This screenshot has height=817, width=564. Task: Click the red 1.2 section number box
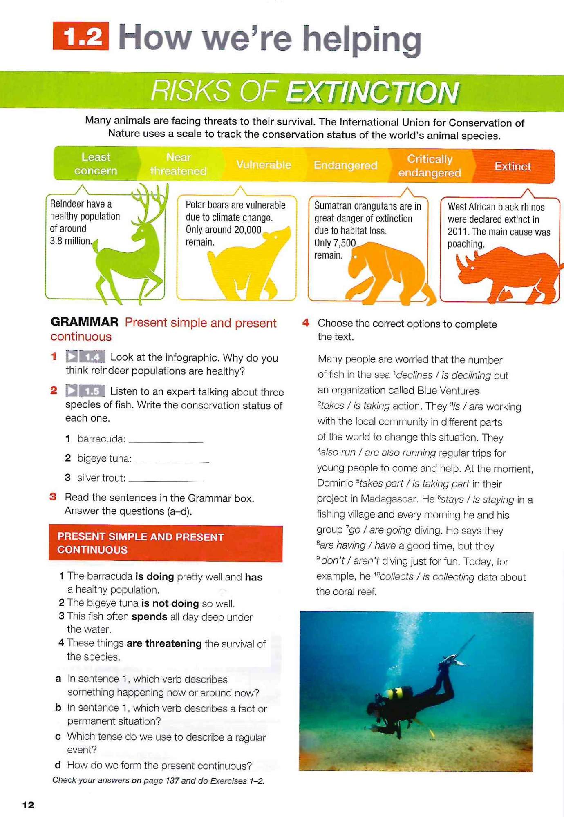(x=81, y=36)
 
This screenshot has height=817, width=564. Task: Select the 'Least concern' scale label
(x=96, y=164)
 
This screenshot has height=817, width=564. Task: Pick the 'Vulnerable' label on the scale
(x=264, y=165)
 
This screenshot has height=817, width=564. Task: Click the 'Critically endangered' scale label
(x=430, y=166)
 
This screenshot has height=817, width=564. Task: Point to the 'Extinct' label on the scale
(x=513, y=166)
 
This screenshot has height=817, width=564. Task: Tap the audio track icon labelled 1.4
(x=85, y=357)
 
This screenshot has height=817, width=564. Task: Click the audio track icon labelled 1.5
(x=85, y=391)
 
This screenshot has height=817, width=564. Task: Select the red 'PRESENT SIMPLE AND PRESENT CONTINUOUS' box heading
(x=165, y=543)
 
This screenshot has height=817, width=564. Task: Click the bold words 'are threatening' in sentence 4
(x=164, y=643)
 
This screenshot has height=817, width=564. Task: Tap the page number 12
(x=28, y=805)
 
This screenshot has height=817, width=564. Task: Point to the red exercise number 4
(x=306, y=323)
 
